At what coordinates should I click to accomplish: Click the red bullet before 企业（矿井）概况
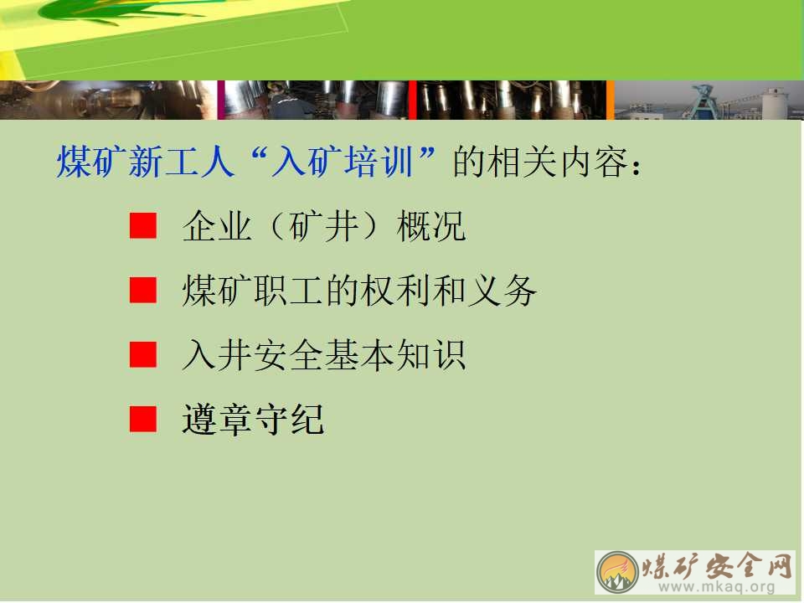click(143, 226)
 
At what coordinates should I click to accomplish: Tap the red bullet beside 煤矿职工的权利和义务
click(143, 291)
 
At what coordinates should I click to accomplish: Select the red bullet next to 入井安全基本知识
click(143, 355)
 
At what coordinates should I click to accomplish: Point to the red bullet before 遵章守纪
click(143, 420)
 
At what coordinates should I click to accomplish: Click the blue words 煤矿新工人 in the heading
click(146, 162)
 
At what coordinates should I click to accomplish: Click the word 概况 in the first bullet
click(431, 226)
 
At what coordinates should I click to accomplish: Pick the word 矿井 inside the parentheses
click(323, 226)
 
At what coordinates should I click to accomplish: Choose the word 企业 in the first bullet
click(217, 226)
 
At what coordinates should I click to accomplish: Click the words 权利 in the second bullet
click(394, 291)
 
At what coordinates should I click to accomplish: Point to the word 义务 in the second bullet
click(502, 291)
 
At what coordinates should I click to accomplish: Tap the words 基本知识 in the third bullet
click(394, 355)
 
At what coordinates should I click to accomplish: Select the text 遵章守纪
click(253, 420)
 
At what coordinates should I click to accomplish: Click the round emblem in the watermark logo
click(617, 572)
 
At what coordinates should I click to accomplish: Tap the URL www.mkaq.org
click(716, 586)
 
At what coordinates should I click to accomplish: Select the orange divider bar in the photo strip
click(611, 100)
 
